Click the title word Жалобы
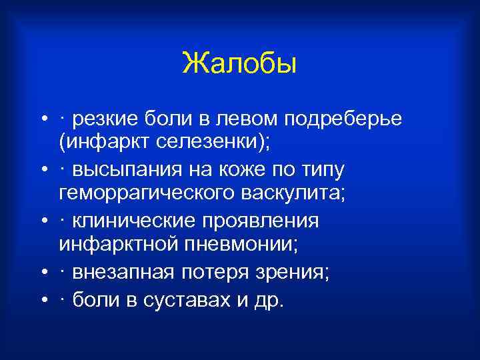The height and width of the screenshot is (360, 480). pyautogui.click(x=239, y=65)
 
